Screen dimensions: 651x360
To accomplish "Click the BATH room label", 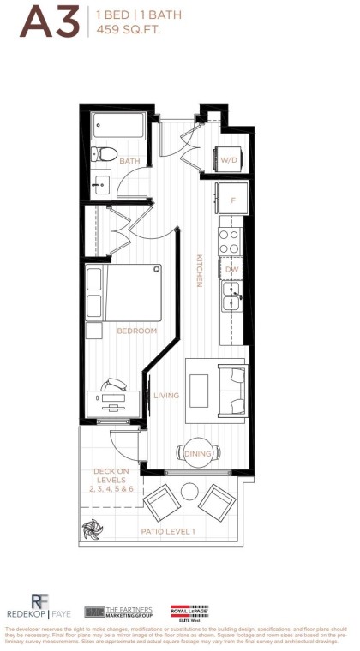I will click(129, 160).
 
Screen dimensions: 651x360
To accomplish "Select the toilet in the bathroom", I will click(104, 155).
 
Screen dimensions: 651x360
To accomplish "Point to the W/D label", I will click(229, 160).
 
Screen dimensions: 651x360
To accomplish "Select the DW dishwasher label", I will click(231, 270).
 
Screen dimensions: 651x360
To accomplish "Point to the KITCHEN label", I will click(198, 270).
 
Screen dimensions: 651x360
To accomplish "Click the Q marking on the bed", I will click(156, 269).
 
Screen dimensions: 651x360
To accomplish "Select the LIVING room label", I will click(165, 395).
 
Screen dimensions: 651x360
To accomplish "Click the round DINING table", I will click(198, 453).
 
